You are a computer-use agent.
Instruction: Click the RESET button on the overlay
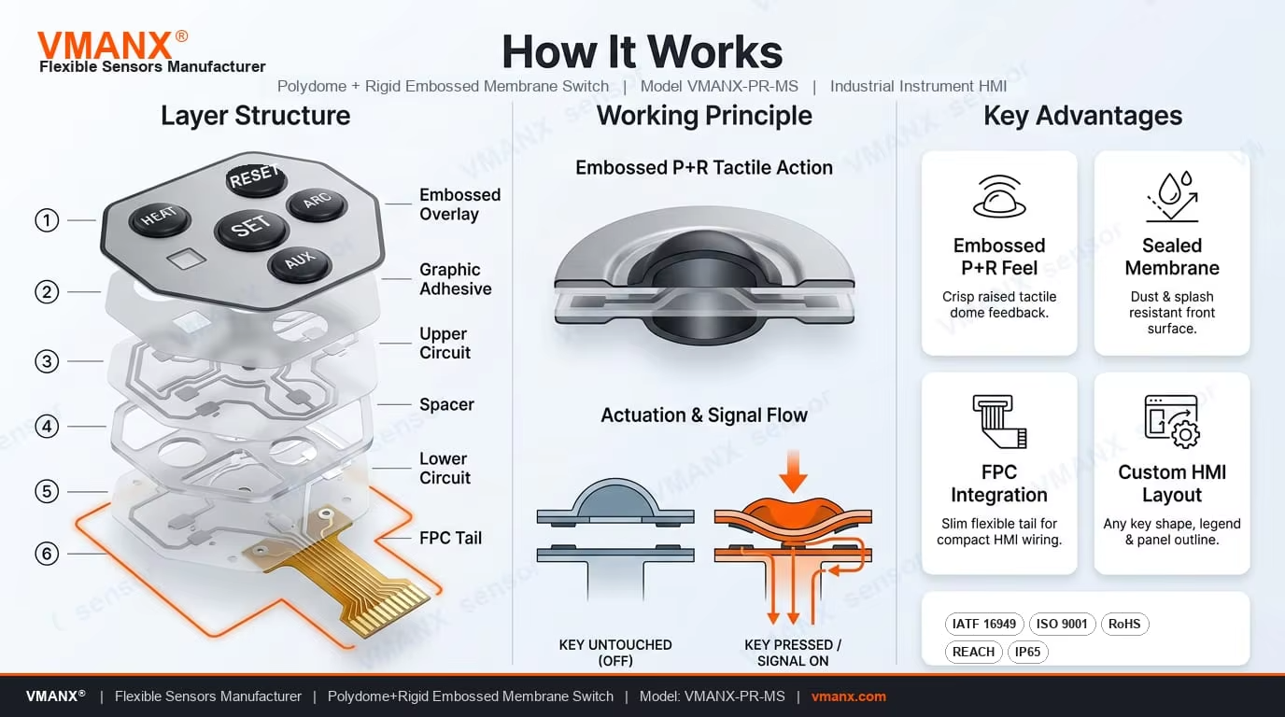[x=256, y=178]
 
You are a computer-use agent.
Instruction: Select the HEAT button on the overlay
[x=160, y=218]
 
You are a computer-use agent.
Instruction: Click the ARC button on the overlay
[x=317, y=203]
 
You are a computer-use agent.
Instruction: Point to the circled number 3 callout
[x=47, y=361]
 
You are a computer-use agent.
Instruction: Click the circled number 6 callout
[x=47, y=554]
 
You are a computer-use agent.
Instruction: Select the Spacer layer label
[x=446, y=404]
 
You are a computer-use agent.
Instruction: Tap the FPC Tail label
[x=450, y=538]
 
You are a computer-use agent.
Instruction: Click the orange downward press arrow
[x=794, y=471]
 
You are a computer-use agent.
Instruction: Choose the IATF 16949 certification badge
[x=984, y=624]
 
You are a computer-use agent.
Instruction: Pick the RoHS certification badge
[x=1124, y=624]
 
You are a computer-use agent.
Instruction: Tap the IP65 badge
[x=1027, y=653]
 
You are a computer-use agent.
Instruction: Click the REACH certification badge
[x=973, y=653]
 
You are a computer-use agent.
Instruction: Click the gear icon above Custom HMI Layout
[x=1185, y=434]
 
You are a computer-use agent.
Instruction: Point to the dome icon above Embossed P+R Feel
[x=999, y=196]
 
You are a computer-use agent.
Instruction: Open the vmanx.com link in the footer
[x=849, y=696]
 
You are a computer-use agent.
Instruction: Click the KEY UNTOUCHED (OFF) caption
[x=615, y=653]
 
